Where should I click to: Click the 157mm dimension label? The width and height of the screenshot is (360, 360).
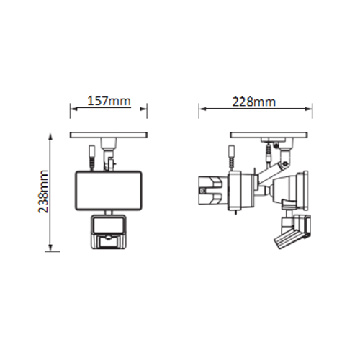[x=109, y=101]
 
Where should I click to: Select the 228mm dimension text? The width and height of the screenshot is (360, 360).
[x=254, y=102]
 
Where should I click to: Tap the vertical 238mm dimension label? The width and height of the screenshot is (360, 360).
[x=43, y=192]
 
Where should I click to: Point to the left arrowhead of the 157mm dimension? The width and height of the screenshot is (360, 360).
[x=74, y=109]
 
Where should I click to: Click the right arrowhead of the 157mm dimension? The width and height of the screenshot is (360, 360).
[x=143, y=109]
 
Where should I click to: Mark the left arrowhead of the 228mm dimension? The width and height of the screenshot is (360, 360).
[x=203, y=109]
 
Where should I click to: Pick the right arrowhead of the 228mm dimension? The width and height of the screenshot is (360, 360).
[x=307, y=109]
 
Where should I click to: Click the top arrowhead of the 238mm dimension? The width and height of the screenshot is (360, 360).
[x=50, y=137]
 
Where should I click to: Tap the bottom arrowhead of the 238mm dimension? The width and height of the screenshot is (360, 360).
[x=50, y=247]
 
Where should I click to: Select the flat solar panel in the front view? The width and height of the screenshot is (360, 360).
[x=109, y=135]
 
